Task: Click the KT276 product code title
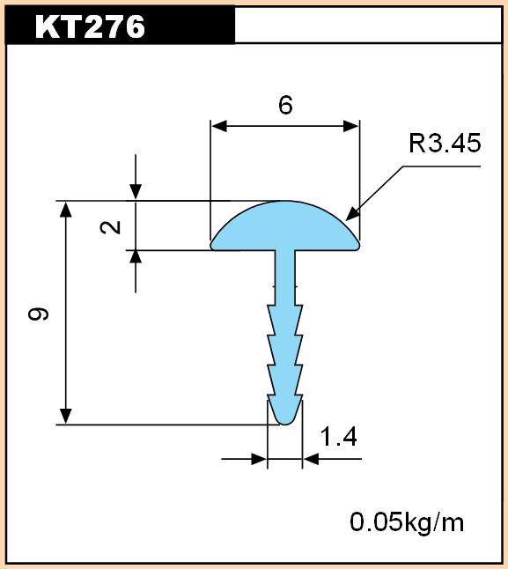(x=90, y=26)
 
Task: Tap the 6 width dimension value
(x=285, y=105)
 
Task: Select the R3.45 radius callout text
(x=445, y=143)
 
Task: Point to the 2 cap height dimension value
(x=111, y=227)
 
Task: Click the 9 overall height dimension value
(x=38, y=314)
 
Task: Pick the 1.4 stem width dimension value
(x=339, y=436)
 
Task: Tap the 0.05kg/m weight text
(x=407, y=522)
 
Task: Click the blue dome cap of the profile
(x=285, y=226)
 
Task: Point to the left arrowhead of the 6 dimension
(x=219, y=126)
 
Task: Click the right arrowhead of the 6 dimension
(x=351, y=126)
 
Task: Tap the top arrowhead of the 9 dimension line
(x=66, y=210)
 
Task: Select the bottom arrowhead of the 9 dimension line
(x=66, y=416)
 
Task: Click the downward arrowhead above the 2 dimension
(x=136, y=192)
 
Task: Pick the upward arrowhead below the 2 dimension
(x=136, y=258)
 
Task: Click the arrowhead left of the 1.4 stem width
(x=259, y=459)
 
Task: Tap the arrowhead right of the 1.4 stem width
(x=311, y=459)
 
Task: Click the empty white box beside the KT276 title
(x=368, y=25)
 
